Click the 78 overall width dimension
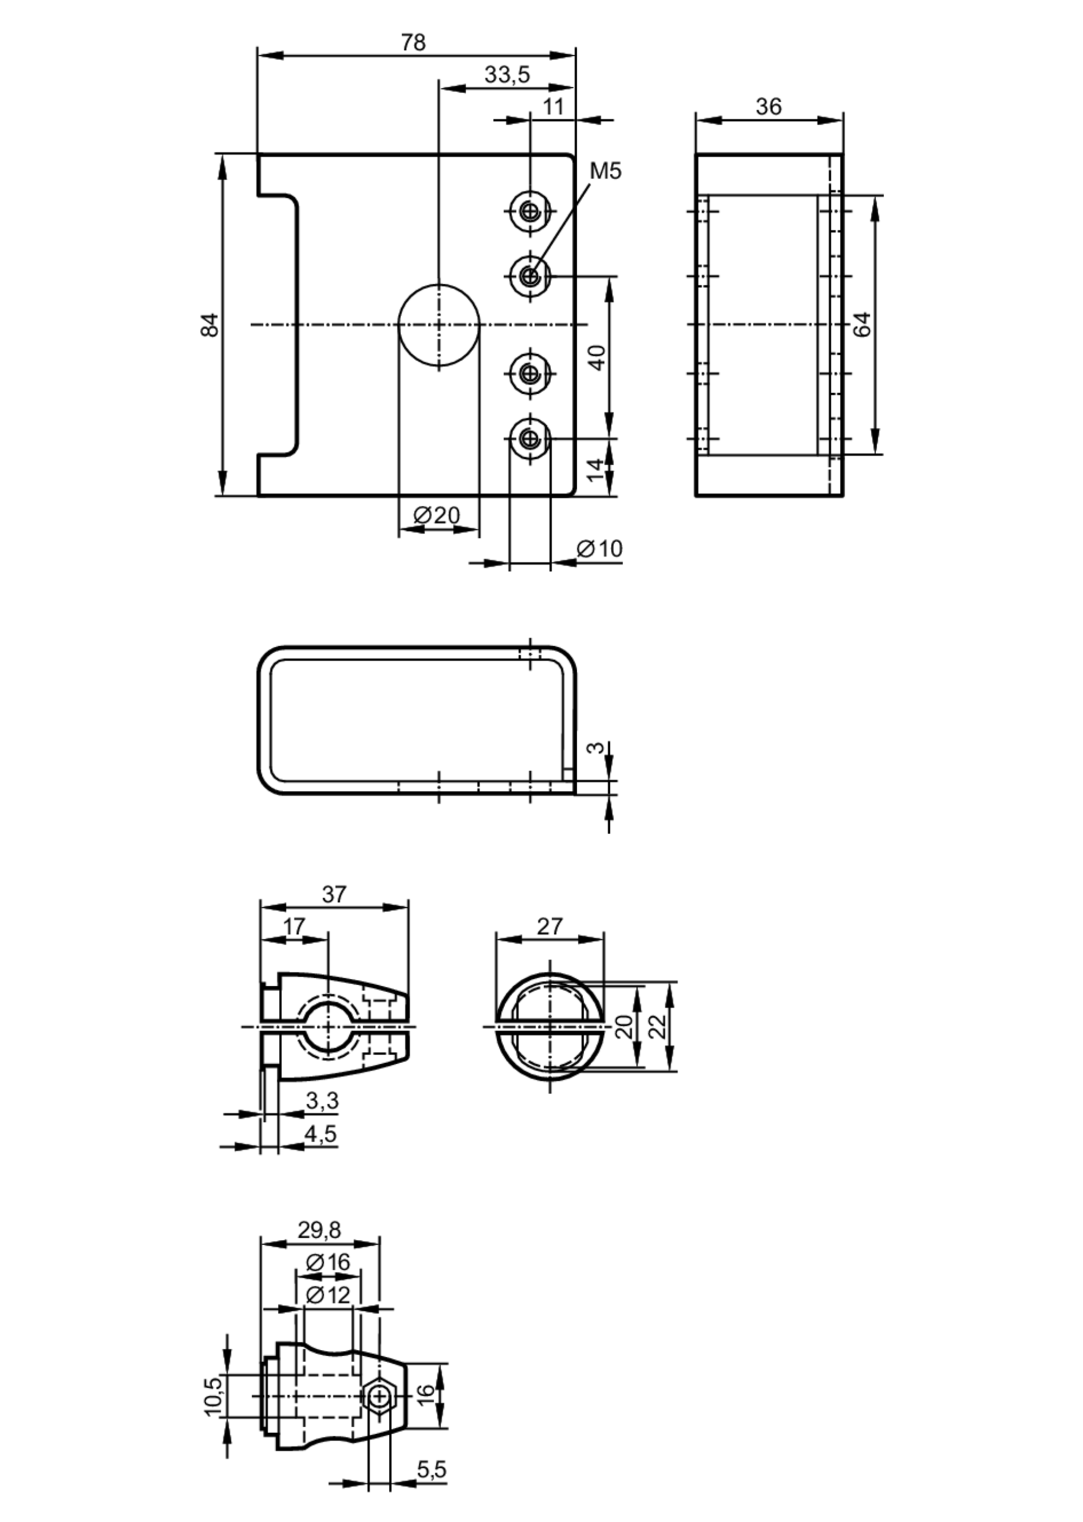(413, 43)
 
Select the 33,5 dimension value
(507, 75)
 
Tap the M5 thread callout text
(605, 171)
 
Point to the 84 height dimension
(210, 325)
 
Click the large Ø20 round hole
(439, 325)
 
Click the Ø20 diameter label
(437, 515)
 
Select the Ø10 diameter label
(599, 549)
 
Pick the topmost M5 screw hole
(530, 211)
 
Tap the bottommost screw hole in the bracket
(530, 439)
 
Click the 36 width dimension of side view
(768, 107)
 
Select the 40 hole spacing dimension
(597, 357)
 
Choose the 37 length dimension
(334, 894)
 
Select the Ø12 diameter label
(328, 1295)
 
